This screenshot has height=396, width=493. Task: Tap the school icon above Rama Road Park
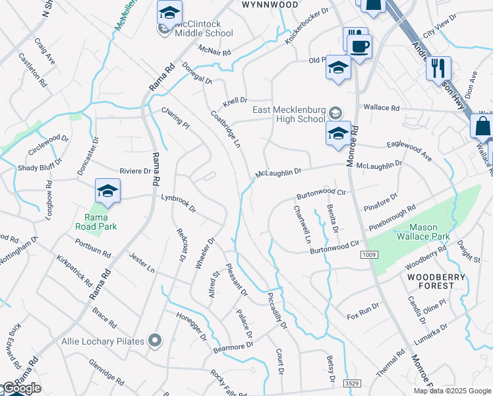point(107,192)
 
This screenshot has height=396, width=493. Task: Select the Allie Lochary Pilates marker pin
point(155,341)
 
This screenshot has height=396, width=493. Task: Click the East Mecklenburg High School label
point(289,115)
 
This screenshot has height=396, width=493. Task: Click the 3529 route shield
point(353,383)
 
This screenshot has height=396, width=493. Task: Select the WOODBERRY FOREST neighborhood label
point(430,281)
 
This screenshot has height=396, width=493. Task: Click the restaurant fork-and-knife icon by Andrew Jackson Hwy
point(438,67)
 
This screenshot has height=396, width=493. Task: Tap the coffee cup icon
point(360,47)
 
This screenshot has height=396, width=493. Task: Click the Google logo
point(22,388)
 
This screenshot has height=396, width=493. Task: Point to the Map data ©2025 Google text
point(452,390)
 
